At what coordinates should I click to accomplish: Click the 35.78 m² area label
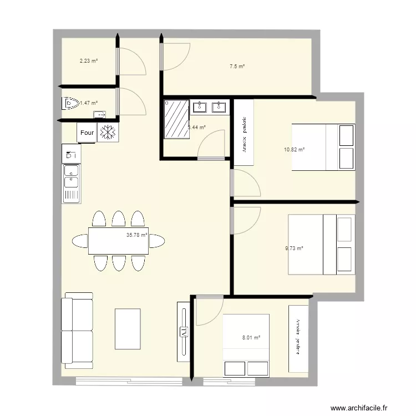point(137,235)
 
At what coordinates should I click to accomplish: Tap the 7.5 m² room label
point(237,67)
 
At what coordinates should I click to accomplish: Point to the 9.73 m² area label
point(294,248)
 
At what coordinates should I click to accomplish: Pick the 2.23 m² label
point(89,62)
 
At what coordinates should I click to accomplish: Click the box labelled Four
point(87,133)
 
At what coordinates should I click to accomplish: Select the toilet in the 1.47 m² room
point(69,103)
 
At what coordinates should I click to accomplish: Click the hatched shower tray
point(176,119)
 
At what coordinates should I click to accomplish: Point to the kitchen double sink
point(72,183)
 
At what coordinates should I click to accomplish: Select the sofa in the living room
point(77,331)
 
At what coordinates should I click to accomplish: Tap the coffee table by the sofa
point(128,329)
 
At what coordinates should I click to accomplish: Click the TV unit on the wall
point(183,332)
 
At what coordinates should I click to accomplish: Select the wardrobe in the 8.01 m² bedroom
point(298,338)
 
